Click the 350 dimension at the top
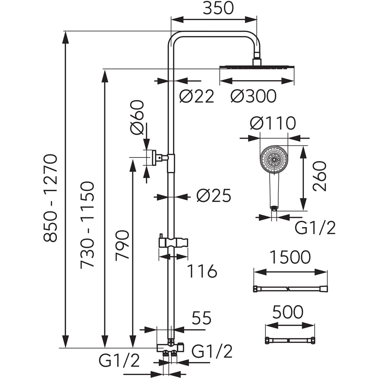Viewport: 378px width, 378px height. (218, 8)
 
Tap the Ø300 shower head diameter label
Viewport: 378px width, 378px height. (253, 97)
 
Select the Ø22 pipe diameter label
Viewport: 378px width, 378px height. (196, 97)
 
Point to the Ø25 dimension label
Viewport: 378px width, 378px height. (214, 196)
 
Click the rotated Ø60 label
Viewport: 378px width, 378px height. (137, 117)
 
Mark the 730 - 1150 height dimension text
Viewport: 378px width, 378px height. (87, 225)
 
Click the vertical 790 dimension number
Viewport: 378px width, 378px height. (122, 245)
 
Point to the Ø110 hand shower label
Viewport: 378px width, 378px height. (273, 124)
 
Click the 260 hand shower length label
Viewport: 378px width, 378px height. (320, 176)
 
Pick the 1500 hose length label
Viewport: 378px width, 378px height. (290, 257)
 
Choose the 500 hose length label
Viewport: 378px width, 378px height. (288, 313)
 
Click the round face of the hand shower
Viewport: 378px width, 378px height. (274, 159)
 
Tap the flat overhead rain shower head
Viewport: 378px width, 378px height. (257, 67)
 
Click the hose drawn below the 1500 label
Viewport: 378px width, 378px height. (290, 289)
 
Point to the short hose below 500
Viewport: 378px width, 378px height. (290, 340)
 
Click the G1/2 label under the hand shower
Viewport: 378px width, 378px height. (315, 228)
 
